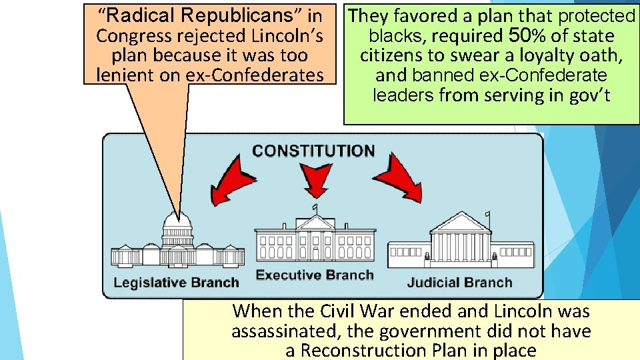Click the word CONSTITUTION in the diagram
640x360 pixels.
pos(313,151)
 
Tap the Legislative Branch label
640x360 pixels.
pos(176,282)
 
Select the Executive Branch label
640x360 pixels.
pos(315,275)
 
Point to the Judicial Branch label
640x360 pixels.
pos(459,282)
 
